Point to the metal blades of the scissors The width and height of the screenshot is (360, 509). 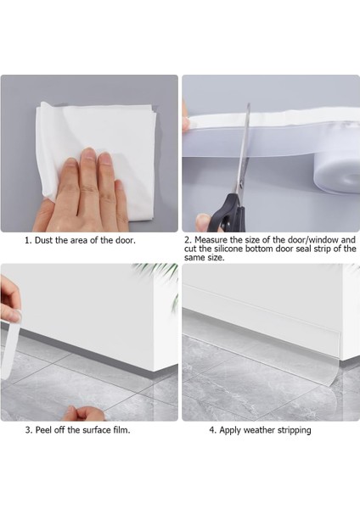(244, 149)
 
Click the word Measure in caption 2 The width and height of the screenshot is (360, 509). (211, 240)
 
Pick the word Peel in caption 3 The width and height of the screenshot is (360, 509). (43, 430)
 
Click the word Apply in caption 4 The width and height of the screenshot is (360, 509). (230, 430)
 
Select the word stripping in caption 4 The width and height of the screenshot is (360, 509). (295, 430)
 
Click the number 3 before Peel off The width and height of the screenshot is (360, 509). (28, 430)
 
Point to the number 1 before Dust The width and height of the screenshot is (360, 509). (28, 241)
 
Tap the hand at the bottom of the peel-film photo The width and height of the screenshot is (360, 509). (84, 413)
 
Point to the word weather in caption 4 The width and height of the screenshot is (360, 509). (260, 430)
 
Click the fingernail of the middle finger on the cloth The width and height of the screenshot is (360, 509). (89, 154)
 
